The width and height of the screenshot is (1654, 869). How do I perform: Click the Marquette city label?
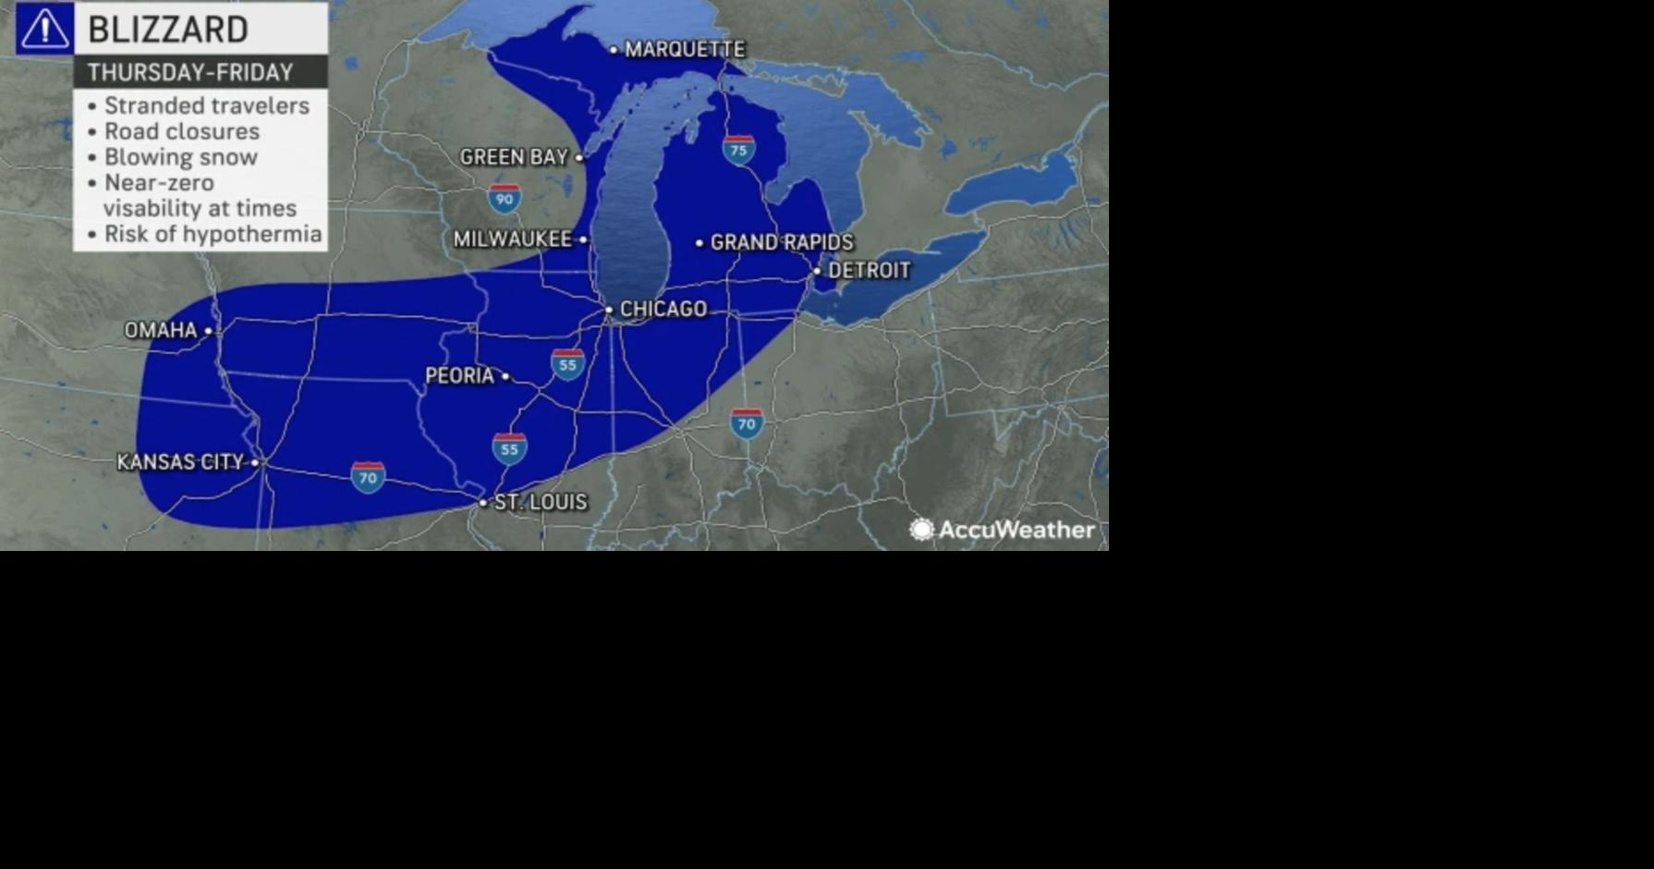[684, 50]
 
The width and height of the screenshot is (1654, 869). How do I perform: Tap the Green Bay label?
[514, 158]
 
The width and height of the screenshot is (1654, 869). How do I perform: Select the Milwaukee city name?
[513, 240]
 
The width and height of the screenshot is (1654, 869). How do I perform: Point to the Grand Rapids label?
[781, 243]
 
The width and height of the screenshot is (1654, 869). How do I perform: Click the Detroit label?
[869, 271]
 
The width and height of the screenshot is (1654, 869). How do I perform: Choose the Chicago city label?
[663, 310]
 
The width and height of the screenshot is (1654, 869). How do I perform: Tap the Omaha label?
[161, 331]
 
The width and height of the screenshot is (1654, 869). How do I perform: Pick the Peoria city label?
[459, 376]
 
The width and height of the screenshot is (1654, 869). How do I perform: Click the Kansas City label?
[180, 462]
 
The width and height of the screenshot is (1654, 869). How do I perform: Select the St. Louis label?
[540, 503]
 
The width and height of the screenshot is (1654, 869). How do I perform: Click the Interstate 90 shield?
[505, 199]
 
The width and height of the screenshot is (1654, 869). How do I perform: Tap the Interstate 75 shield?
[738, 150]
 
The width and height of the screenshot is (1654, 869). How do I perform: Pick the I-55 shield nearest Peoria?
[567, 364]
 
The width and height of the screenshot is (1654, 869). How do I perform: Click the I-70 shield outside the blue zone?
[747, 423]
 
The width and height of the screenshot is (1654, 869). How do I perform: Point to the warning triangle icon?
[44, 29]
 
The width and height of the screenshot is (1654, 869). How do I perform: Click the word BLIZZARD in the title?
[168, 30]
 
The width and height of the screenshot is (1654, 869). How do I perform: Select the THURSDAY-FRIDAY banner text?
[190, 73]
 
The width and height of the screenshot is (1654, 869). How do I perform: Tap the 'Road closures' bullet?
[181, 132]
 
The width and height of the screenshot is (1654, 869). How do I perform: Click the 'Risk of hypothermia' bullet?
[213, 235]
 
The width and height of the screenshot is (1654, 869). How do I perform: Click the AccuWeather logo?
[1003, 530]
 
